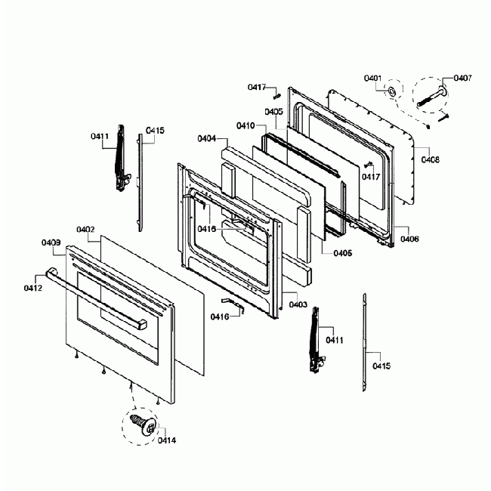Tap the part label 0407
pos(463,78)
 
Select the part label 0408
pos(431,159)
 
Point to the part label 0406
pos(410,239)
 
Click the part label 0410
pos(245,125)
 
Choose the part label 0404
pos(207,139)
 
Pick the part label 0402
pos(85,229)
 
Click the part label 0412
pos(32,288)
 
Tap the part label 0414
pos(167,440)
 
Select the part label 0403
pos(298,304)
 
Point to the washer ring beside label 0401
pos(393,92)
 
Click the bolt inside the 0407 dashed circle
pos(431,95)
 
